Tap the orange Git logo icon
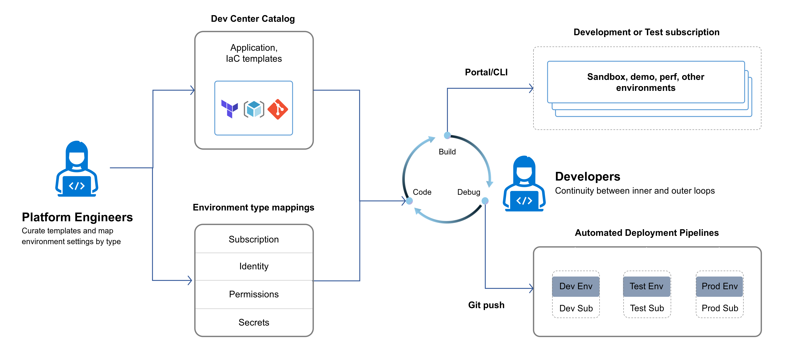278,109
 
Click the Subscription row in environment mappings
254,239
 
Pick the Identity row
254,266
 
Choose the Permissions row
254,294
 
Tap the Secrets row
254,322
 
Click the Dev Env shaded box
576,286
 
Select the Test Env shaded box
646,286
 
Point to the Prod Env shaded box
719,286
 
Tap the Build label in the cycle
447,152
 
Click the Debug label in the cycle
469,192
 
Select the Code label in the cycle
422,192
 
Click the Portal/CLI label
486,72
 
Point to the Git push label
486,305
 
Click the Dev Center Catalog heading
253,19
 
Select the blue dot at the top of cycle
447,135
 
